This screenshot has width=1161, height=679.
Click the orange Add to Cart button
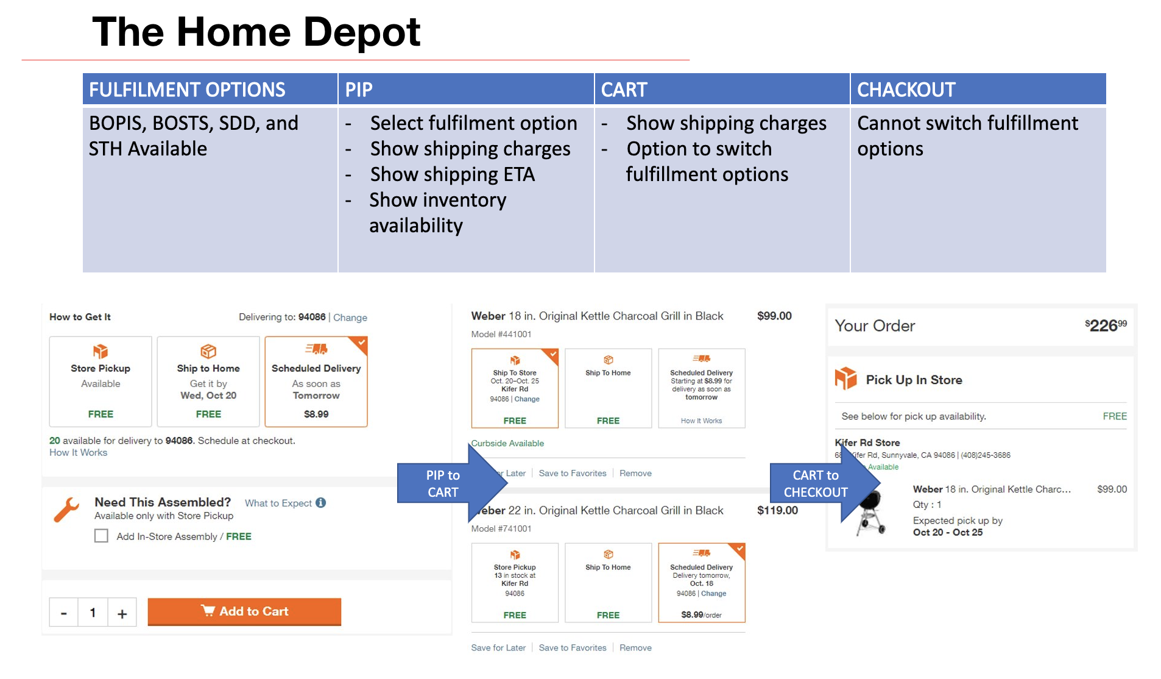244,611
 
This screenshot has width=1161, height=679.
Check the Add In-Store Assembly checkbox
101,536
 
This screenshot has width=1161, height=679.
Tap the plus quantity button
122,613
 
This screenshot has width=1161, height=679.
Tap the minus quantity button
64,613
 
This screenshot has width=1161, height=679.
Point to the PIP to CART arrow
451,483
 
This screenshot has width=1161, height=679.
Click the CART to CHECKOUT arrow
823,483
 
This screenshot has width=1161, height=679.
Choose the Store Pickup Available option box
101,382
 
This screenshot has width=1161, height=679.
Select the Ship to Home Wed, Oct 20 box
208,382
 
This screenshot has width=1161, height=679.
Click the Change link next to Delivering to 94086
350,318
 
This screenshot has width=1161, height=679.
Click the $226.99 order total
1105,325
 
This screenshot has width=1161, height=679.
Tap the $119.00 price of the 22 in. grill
777,510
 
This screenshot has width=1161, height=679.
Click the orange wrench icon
66,510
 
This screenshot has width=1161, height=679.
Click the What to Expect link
278,503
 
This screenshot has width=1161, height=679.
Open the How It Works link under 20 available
78,452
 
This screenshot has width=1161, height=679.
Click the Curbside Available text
507,443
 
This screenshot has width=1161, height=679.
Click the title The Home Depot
256,32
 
